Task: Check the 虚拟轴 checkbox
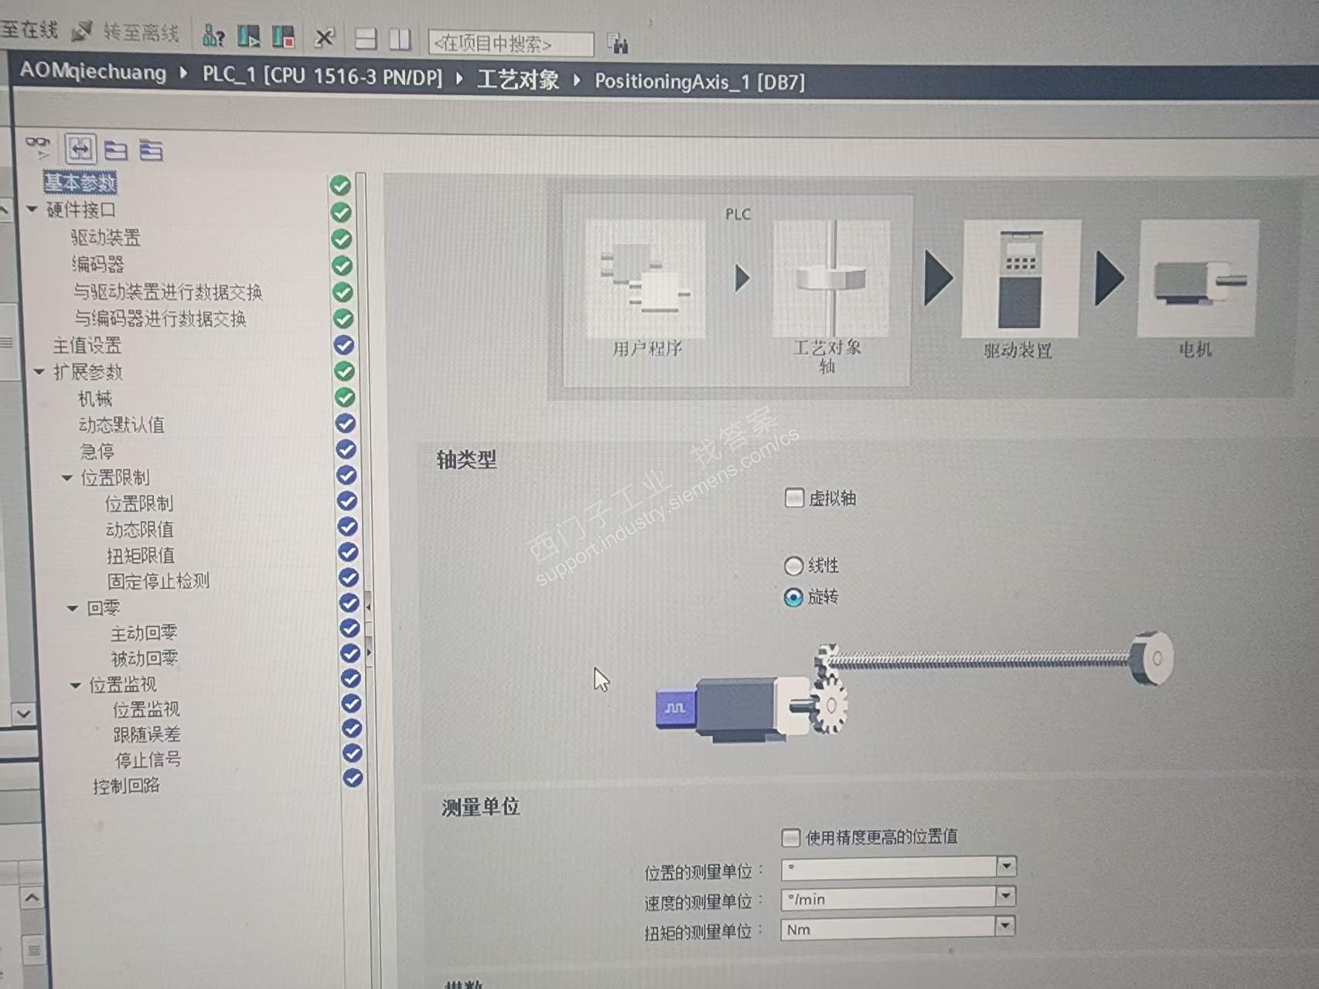click(794, 497)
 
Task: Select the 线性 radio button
click(793, 566)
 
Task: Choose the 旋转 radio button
click(793, 598)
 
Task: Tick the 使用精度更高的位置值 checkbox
click(791, 837)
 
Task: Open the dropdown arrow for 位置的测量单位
click(1006, 866)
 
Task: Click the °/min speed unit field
click(888, 899)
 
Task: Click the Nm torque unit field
click(888, 929)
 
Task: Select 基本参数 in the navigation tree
click(80, 182)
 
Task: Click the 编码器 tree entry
click(97, 264)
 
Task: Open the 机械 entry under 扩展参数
click(95, 398)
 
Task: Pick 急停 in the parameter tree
click(97, 451)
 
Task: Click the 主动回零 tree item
click(144, 633)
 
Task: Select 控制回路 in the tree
click(126, 786)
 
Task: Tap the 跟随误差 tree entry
click(147, 735)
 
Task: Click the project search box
click(510, 44)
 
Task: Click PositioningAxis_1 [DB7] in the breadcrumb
click(699, 81)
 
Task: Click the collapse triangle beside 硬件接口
click(32, 210)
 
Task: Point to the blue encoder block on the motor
click(675, 708)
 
